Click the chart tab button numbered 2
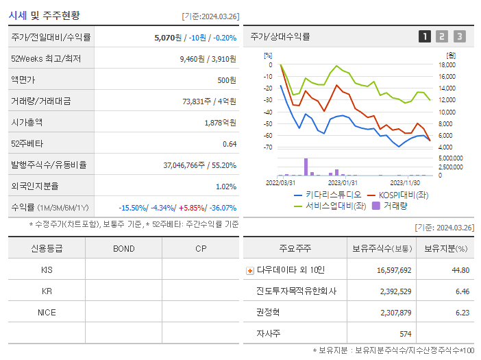click(x=442, y=36)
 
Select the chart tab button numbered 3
click(x=459, y=36)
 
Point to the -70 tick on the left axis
click(x=268, y=147)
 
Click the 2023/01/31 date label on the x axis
click(x=343, y=182)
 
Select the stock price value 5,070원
click(x=169, y=38)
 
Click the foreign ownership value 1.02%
click(x=225, y=186)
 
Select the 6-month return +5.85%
click(x=192, y=207)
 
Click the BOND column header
click(x=123, y=248)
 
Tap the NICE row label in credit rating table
click(x=47, y=312)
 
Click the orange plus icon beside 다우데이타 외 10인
click(x=249, y=270)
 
